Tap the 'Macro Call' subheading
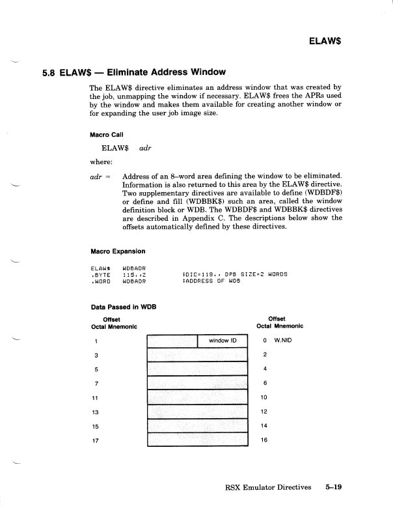(108, 135)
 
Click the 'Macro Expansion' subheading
(117, 251)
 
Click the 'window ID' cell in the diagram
(222, 341)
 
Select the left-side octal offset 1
(96, 341)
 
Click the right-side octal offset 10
(264, 397)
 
